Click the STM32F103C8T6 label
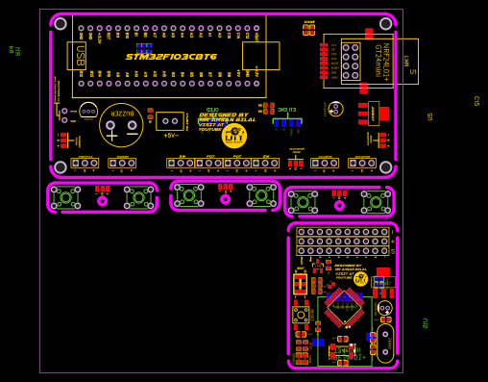pyautogui.click(x=171, y=57)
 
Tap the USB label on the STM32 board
pyautogui.click(x=79, y=56)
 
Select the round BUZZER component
pyautogui.click(x=121, y=124)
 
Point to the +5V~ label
pyautogui.click(x=171, y=136)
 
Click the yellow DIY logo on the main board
pyautogui.click(x=233, y=136)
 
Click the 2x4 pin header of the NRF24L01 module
pyautogui.click(x=351, y=61)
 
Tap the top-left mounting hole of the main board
pyautogui.click(x=61, y=23)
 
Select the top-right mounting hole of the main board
pyautogui.click(x=384, y=23)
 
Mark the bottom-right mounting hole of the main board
pyautogui.click(x=385, y=167)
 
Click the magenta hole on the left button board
pyautogui.click(x=103, y=201)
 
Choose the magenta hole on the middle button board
pyautogui.click(x=226, y=199)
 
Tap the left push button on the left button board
pyautogui.click(x=65, y=197)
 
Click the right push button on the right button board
pyautogui.click(x=376, y=202)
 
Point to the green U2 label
pyautogui.click(x=425, y=323)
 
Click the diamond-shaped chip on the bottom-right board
pyautogui.click(x=343, y=307)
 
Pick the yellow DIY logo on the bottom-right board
pyautogui.click(x=360, y=279)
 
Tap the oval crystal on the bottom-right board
pyautogui.click(x=385, y=342)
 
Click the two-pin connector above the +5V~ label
pyautogui.click(x=171, y=120)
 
